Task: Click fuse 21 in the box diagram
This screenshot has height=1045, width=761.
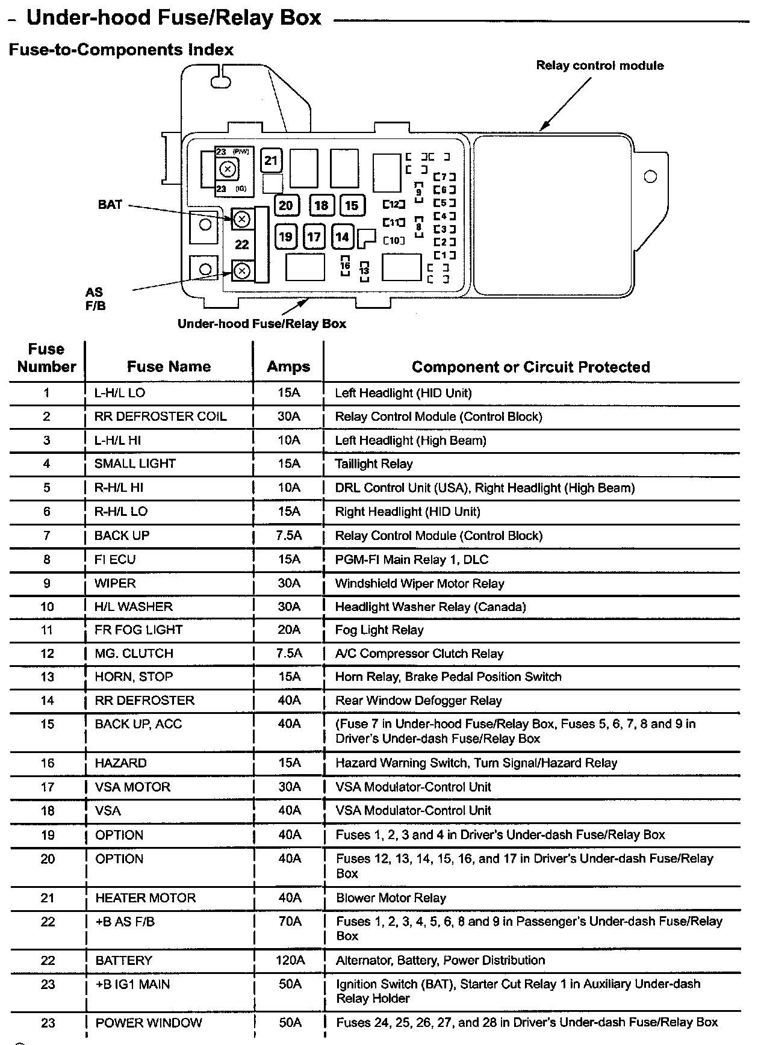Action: point(271,160)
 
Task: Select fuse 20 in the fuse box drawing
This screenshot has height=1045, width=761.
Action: point(286,205)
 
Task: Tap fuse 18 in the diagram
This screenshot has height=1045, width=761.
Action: point(321,205)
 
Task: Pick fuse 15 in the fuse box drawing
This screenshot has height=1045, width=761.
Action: point(352,205)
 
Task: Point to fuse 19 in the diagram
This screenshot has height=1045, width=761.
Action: point(286,237)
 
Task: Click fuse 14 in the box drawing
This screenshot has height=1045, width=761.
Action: point(342,237)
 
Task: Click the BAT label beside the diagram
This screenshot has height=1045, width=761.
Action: point(110,205)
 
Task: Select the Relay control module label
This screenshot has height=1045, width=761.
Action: point(600,66)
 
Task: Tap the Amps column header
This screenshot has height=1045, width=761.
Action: point(288,367)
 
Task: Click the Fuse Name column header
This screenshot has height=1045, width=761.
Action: point(169,367)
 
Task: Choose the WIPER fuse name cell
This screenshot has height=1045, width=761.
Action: point(115,583)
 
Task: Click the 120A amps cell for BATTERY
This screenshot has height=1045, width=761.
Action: point(290,960)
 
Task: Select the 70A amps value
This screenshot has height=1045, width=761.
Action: point(290,922)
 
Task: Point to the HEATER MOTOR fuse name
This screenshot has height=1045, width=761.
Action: point(145,898)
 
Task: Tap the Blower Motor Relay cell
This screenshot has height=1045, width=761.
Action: point(391,898)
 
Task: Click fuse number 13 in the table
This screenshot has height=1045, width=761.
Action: point(47,677)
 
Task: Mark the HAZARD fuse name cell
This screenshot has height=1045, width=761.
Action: point(120,763)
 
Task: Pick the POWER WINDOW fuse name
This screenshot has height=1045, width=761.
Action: point(149,1023)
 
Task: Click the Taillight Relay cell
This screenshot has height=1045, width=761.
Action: point(374,464)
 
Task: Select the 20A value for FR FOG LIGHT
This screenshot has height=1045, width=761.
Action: point(289,630)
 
